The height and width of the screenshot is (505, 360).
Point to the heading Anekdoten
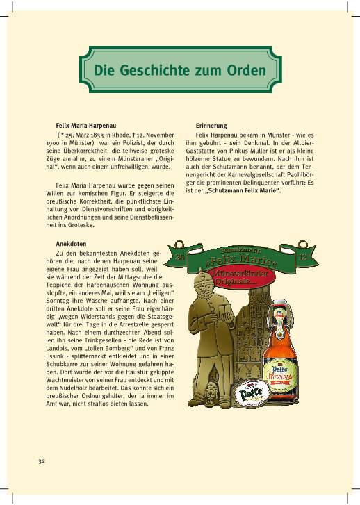click(71, 244)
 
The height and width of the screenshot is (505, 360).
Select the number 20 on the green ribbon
click(181, 258)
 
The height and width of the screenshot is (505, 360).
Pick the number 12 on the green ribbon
click(301, 258)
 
